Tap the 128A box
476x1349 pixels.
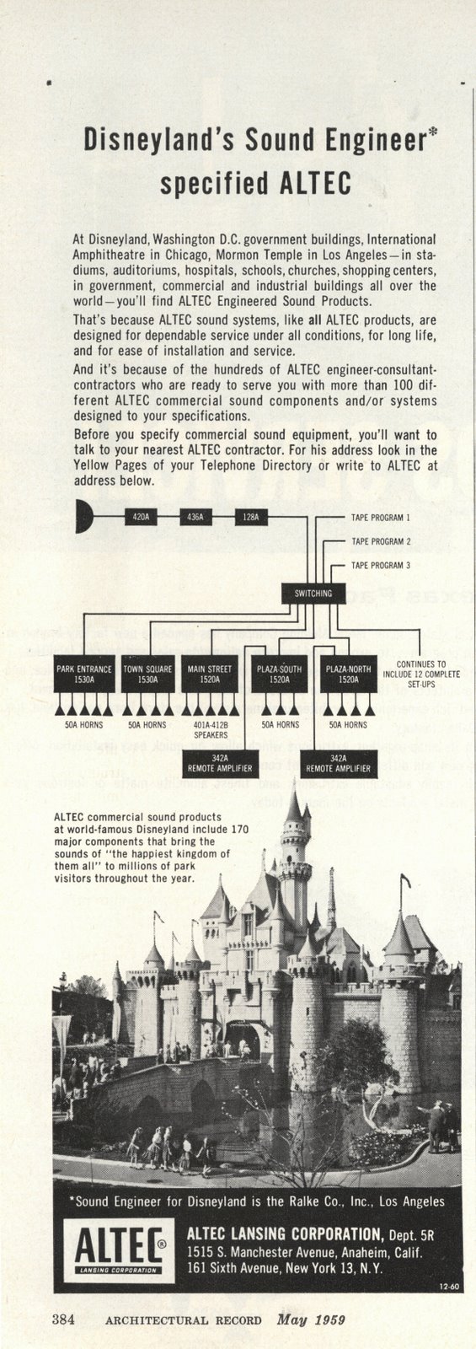(x=251, y=516)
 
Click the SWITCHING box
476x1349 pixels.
(x=313, y=593)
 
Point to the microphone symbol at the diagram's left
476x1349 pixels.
(x=84, y=516)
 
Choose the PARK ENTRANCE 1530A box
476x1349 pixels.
(x=83, y=674)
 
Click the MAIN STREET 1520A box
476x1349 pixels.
(x=211, y=674)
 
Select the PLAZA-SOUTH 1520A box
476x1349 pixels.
(x=279, y=674)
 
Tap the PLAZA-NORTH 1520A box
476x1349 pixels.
(x=348, y=674)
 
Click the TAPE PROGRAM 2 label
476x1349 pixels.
(x=381, y=540)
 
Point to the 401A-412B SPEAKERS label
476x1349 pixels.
(x=211, y=729)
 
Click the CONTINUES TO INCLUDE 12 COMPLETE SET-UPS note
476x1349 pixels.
(x=421, y=674)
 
